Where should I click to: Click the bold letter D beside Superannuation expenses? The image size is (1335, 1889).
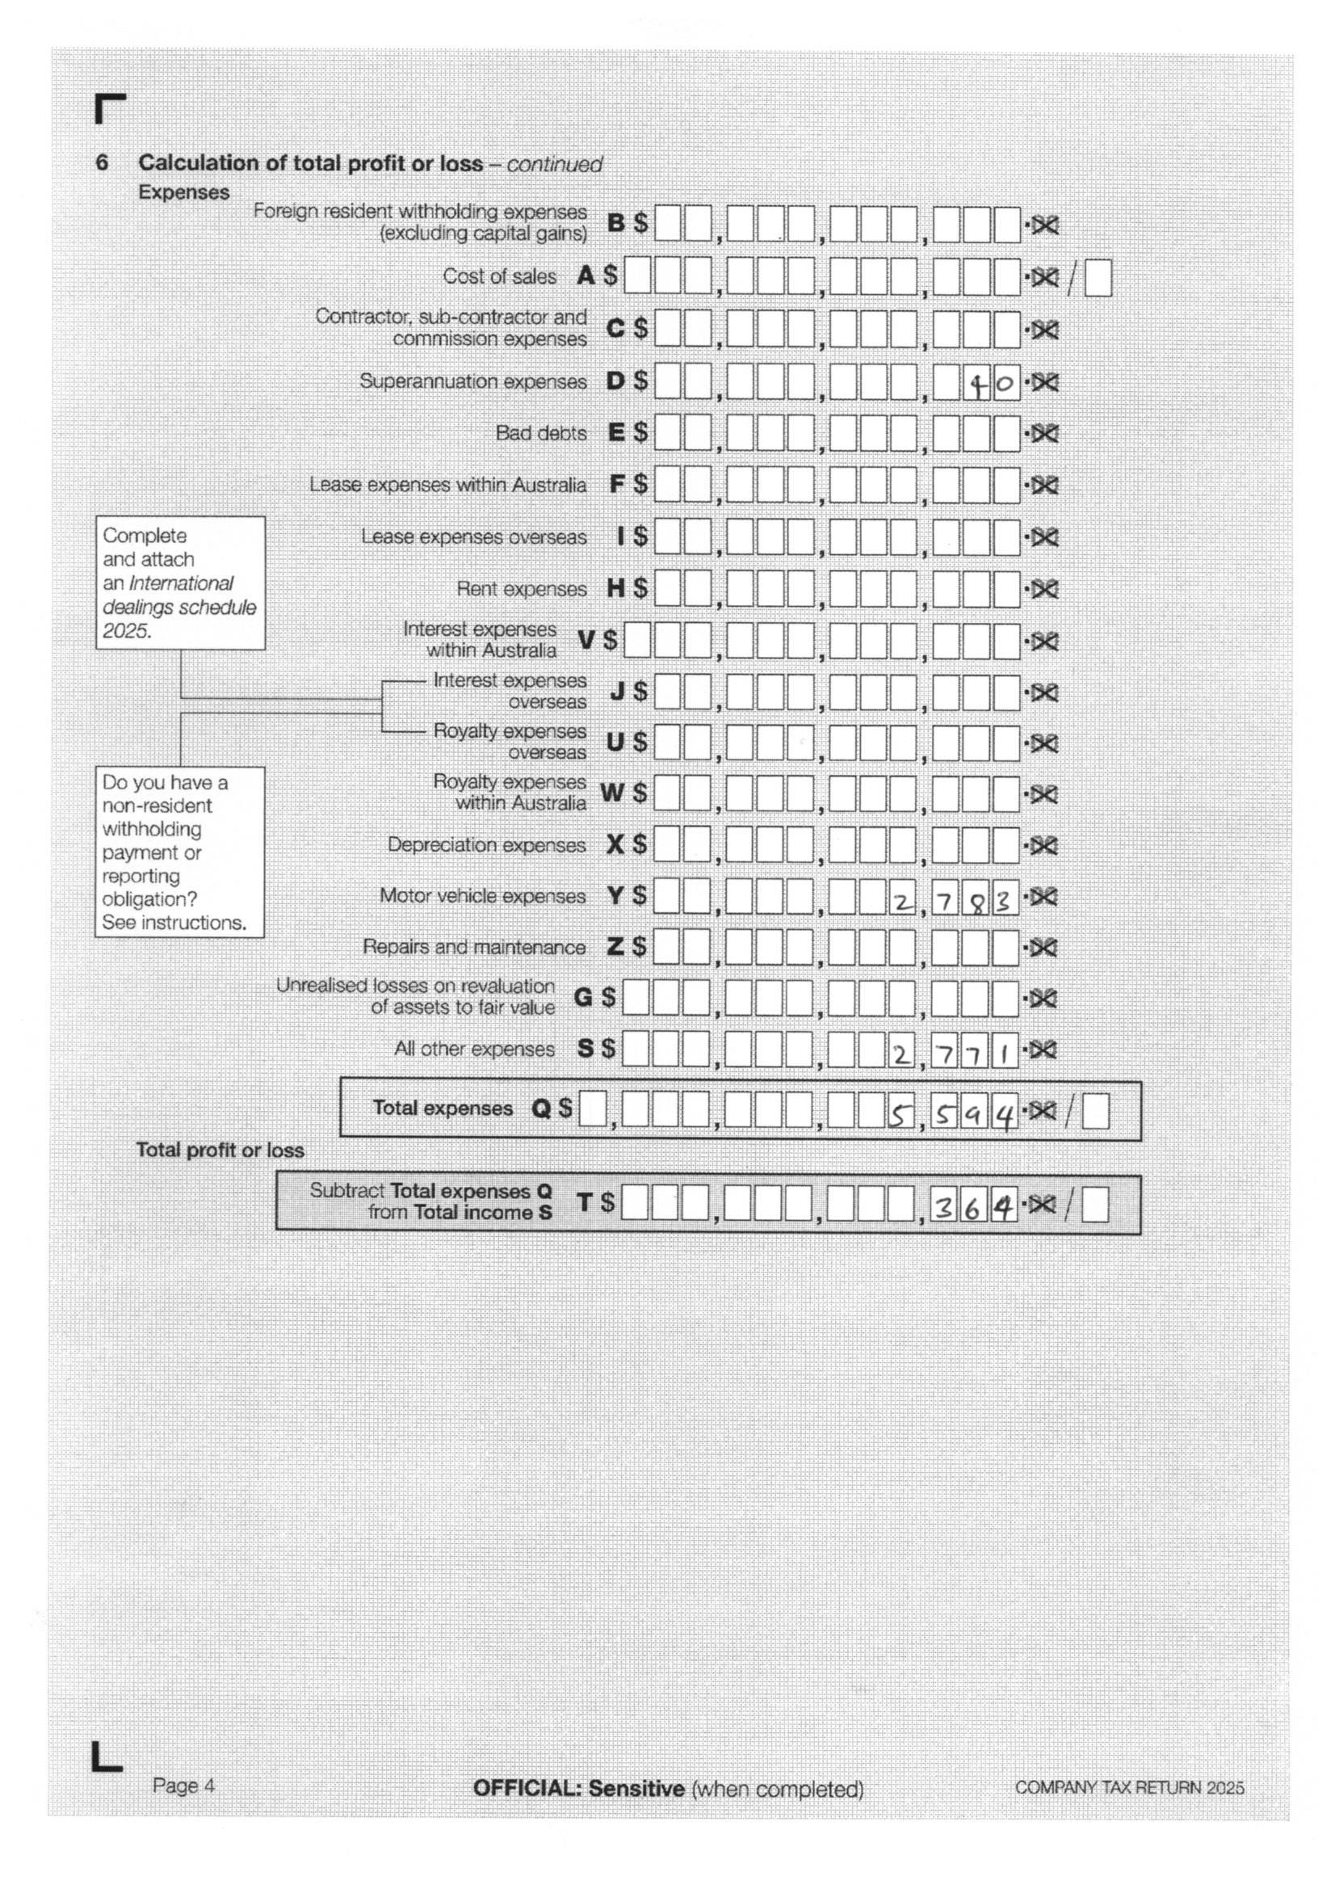pos(615,381)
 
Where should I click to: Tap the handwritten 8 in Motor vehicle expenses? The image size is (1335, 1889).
pos(976,903)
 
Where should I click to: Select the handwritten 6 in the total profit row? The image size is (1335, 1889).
pos(972,1209)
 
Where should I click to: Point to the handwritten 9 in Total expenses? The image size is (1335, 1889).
pos(972,1115)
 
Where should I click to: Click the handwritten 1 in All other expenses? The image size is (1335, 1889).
pos(1004,1054)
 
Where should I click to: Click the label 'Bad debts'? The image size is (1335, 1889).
pos(540,433)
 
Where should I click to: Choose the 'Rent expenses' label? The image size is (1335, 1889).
pos(522,589)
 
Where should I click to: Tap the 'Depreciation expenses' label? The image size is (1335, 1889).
pos(486,845)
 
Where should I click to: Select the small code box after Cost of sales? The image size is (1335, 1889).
pos(1098,278)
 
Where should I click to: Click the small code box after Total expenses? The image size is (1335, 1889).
pos(1095,1113)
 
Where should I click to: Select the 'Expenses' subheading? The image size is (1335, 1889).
pos(183,191)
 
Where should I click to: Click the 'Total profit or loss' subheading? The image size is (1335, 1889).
pos(220,1151)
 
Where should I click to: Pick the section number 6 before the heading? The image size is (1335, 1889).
pos(102,162)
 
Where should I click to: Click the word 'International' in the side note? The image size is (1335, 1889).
pos(181,583)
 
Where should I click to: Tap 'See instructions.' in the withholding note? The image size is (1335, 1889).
pos(174,923)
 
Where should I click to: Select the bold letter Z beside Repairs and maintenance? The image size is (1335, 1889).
pos(615,947)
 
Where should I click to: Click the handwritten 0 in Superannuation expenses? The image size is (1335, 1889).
pos(1005,383)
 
